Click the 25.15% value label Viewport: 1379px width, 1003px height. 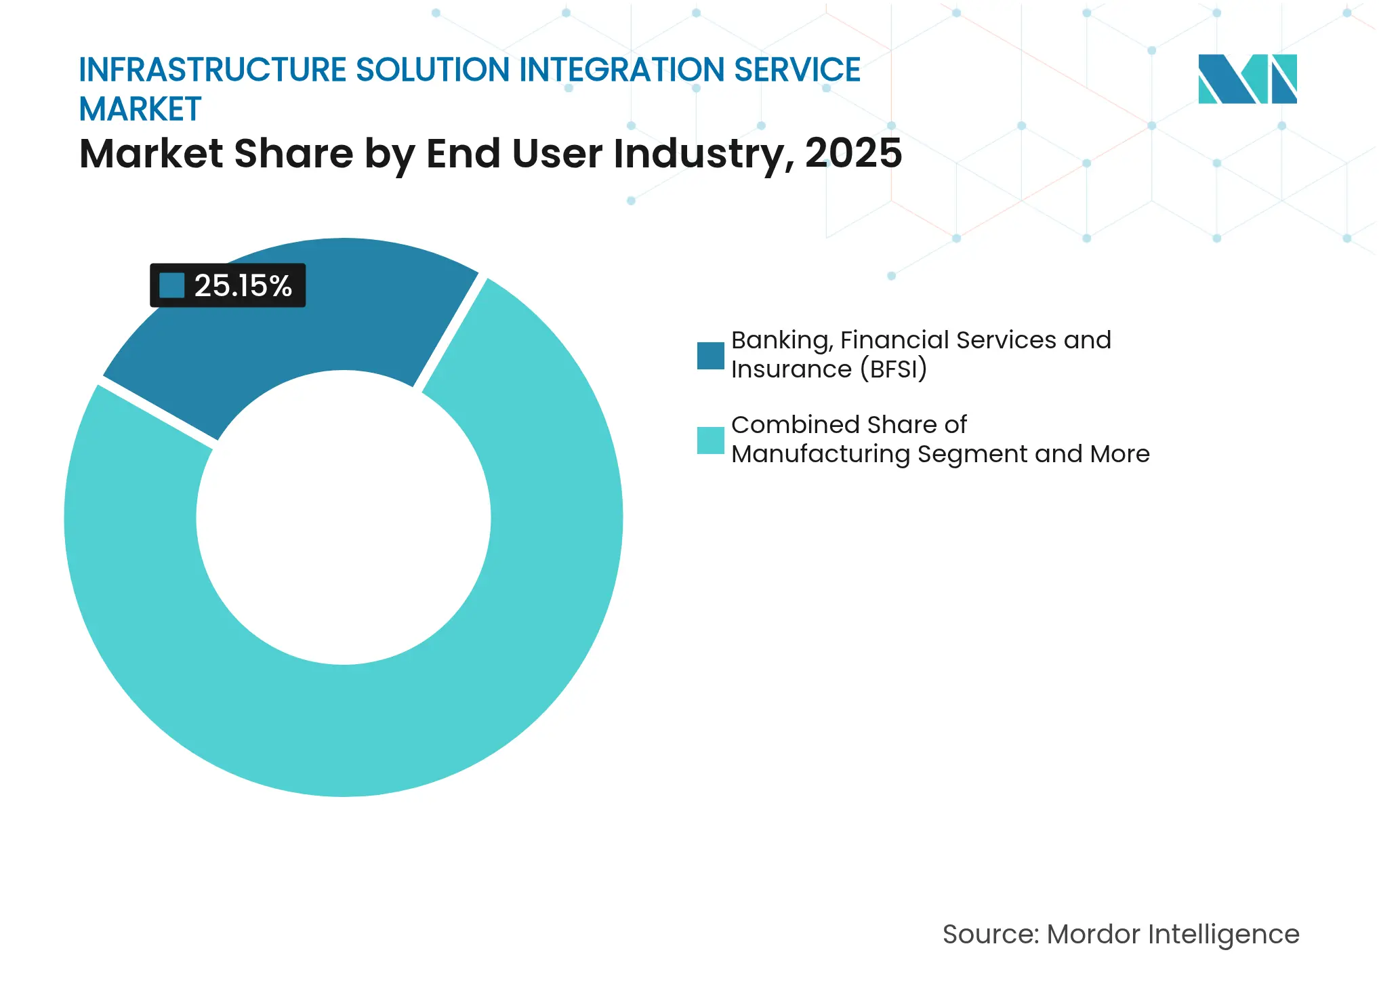pos(243,286)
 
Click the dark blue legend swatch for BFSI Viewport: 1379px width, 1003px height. pos(710,356)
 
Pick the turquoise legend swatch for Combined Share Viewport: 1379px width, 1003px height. pos(710,441)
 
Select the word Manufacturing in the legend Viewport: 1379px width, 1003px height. pos(820,454)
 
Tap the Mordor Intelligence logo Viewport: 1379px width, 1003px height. pos(1247,79)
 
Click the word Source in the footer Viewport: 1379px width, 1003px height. pos(988,935)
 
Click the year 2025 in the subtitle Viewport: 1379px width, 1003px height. pos(853,153)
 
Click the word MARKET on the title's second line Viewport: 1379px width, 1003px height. pos(140,110)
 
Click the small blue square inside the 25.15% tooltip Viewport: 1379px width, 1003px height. pos(172,285)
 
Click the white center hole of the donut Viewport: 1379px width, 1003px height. pos(344,517)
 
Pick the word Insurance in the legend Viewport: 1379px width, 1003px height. pos(791,369)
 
